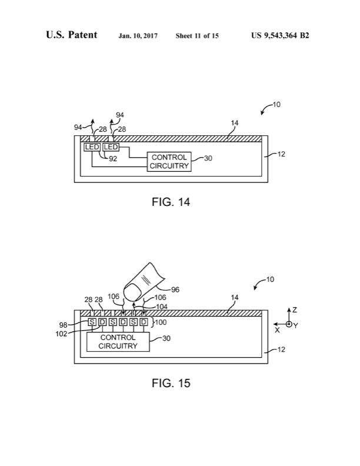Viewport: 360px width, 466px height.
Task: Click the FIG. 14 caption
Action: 171,202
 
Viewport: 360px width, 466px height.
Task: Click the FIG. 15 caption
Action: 171,383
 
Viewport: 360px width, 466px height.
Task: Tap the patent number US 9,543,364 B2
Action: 280,36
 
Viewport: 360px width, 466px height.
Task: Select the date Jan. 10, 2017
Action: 138,36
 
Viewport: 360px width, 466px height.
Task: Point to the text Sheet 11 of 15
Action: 197,36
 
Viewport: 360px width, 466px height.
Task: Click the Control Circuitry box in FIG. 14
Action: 169,162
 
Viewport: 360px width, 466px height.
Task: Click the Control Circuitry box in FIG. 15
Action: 118,342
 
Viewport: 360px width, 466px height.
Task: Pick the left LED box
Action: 92,147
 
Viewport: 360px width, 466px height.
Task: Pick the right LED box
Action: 111,147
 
